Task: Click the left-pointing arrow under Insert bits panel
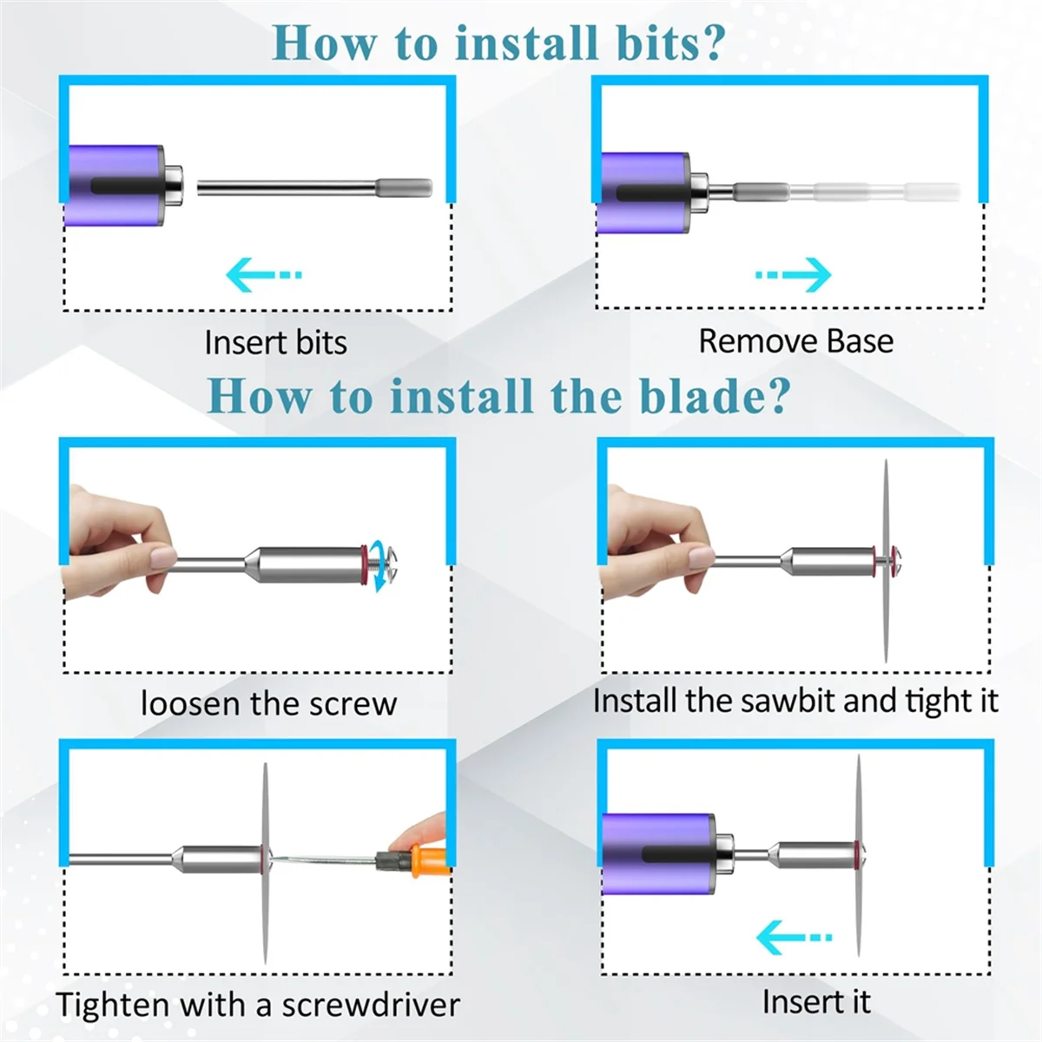click(x=263, y=274)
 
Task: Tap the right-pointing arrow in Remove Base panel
click(x=794, y=274)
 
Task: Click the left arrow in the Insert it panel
click(x=794, y=937)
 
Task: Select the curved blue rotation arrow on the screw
click(x=385, y=568)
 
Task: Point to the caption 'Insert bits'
click(x=276, y=343)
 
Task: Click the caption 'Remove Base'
click(x=796, y=341)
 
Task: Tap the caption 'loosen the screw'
click(x=268, y=703)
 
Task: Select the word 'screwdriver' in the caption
click(x=371, y=1005)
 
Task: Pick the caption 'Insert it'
click(x=816, y=1001)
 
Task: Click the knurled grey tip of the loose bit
click(x=404, y=188)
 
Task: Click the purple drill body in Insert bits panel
click(x=114, y=186)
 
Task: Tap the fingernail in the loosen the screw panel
click(x=163, y=557)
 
